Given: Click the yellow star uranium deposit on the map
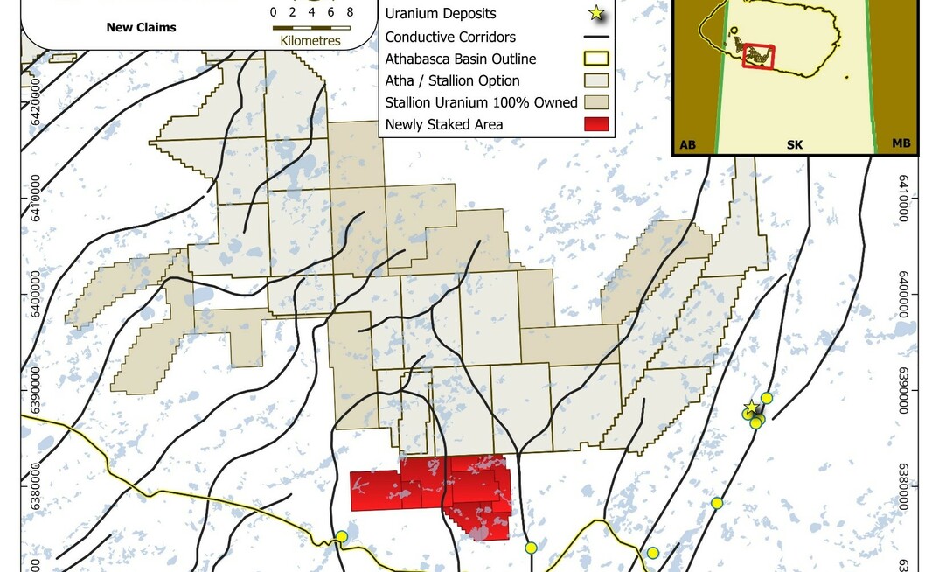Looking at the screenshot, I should (x=750, y=408).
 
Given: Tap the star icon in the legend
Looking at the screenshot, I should (x=595, y=13).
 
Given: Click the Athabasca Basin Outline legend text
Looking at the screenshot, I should (x=460, y=59).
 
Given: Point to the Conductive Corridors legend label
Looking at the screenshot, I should (x=450, y=38).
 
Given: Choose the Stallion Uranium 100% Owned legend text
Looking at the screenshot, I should (x=481, y=103).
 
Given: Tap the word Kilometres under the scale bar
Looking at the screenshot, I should (x=311, y=41).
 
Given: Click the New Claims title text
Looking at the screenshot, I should (x=141, y=27).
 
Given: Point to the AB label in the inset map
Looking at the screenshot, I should (x=688, y=143).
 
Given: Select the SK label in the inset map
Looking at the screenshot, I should (x=795, y=143).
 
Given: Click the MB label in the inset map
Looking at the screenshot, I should (x=901, y=143).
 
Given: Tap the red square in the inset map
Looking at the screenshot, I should (x=758, y=56).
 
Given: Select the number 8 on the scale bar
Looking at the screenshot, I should (x=350, y=12).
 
